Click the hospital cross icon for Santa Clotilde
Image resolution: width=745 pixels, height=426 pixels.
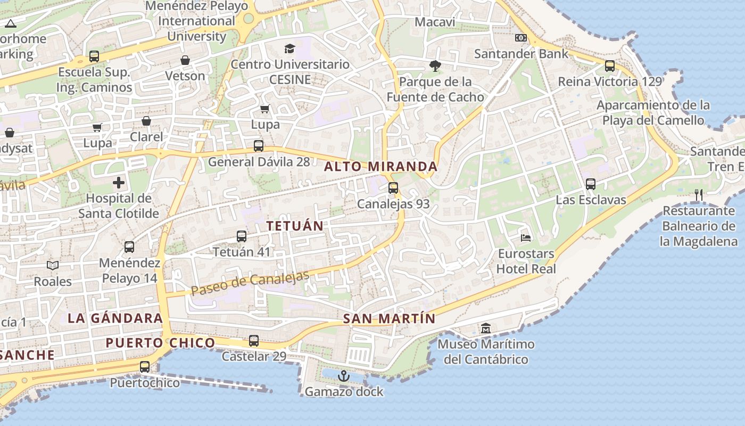tap(119, 183)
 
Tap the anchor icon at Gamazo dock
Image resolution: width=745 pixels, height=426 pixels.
tap(344, 376)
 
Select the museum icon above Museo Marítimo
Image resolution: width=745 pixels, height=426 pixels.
tap(486, 329)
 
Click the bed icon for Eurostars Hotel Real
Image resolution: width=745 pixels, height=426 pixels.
tap(526, 237)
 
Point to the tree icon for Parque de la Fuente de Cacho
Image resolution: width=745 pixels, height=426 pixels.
tap(435, 66)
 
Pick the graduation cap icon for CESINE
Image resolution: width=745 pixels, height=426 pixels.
tap(289, 49)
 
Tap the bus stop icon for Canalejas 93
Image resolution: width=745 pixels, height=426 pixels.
tap(393, 188)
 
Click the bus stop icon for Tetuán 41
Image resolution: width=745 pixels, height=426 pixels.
tap(242, 236)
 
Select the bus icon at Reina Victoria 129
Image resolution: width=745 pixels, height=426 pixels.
tap(610, 66)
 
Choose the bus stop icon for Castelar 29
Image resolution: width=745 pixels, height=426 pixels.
tap(254, 341)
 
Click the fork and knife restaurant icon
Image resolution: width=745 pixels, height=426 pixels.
tap(699, 195)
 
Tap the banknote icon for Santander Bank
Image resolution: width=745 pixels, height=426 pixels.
tap(521, 38)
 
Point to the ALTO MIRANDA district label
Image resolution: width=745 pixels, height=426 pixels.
tap(380, 167)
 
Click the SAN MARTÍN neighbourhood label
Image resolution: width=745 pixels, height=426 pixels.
tap(389, 319)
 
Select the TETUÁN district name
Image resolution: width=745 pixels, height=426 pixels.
tap(295, 226)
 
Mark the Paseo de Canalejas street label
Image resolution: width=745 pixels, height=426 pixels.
tap(250, 283)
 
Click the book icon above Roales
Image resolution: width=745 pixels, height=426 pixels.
tap(53, 265)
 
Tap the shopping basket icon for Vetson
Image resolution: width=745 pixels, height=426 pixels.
tap(185, 60)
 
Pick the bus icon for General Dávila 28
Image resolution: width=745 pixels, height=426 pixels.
tap(259, 146)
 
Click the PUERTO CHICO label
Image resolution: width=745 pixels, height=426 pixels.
tap(160, 343)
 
